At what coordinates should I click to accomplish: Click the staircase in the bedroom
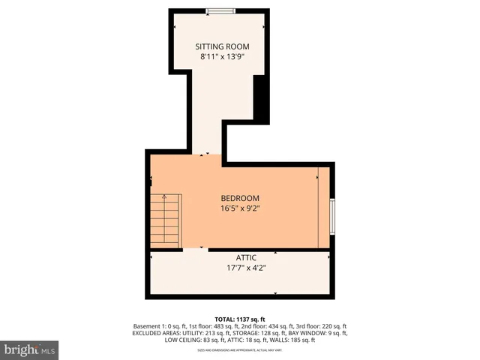coord(166,220)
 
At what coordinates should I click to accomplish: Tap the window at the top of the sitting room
coord(219,10)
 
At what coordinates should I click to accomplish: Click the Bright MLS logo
coord(30,349)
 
